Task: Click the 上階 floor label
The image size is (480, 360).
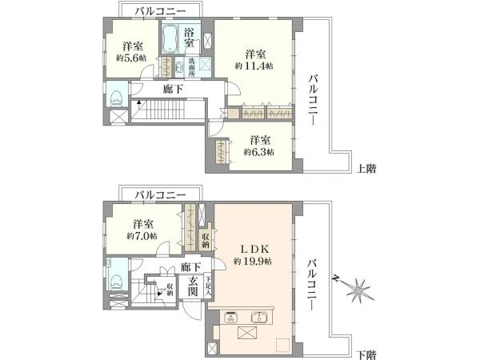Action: coord(366,169)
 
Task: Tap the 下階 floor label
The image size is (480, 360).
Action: coord(366,353)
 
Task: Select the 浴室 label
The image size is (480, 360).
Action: coord(190,34)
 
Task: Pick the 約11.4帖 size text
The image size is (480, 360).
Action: coord(255,67)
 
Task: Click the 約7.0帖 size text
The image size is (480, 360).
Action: coord(142,237)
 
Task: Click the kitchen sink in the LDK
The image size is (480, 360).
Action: coord(260,314)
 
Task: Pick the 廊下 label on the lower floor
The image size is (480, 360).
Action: coord(190,266)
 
